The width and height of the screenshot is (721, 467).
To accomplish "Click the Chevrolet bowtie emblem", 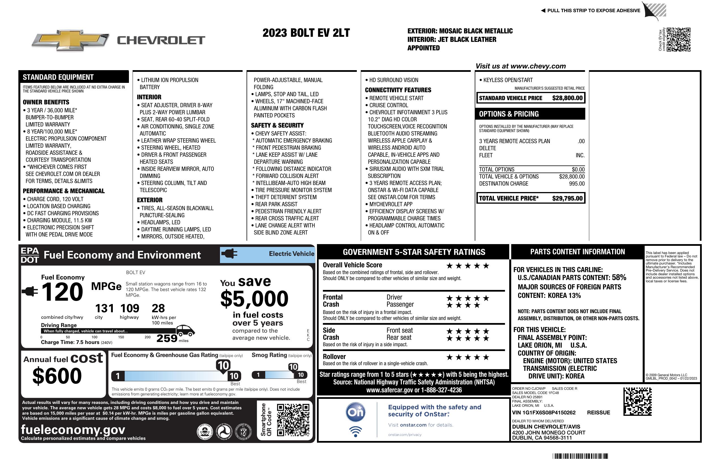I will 70,40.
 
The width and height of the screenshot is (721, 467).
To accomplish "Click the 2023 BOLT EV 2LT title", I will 306,33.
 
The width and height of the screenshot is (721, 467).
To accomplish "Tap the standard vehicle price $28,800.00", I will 567,98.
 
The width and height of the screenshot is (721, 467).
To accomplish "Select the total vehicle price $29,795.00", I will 567,198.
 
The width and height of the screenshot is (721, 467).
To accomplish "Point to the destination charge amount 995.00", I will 577,184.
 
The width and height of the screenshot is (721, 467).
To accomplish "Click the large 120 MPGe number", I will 62,292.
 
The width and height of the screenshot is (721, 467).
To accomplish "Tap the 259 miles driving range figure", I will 167,338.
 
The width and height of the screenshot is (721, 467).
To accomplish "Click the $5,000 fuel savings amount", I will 254,298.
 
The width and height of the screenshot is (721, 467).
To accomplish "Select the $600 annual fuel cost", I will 57,376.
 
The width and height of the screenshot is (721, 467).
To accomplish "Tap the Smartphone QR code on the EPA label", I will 293,420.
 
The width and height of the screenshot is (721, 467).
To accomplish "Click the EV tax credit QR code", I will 678,39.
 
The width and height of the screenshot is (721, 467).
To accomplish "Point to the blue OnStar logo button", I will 355,412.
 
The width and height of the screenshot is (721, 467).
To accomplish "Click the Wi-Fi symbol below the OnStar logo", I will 355,431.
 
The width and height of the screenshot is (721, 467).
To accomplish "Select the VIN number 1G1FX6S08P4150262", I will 543,412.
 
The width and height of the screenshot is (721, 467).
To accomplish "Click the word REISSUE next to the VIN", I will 598,412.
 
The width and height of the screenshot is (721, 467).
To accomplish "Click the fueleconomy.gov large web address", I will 73,429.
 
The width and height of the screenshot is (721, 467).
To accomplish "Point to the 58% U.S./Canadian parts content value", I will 619,277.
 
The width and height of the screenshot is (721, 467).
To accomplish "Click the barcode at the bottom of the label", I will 580,456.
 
